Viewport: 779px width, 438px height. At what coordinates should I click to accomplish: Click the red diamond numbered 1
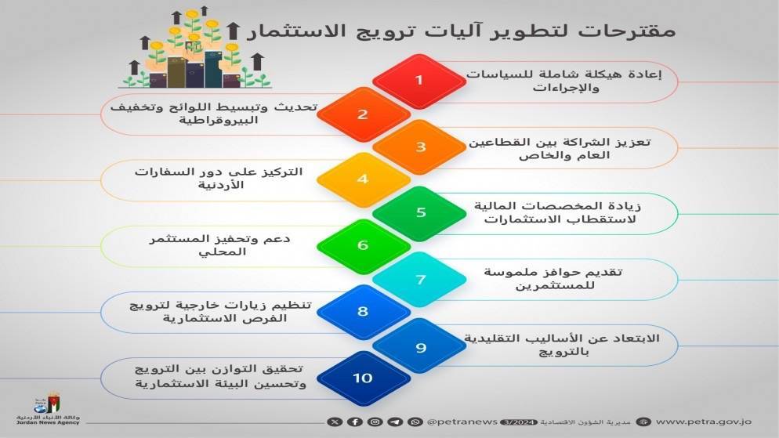coord(419,80)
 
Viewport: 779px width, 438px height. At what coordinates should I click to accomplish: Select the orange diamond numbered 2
coord(363,114)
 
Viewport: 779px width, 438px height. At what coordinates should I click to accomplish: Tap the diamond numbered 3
coord(420,147)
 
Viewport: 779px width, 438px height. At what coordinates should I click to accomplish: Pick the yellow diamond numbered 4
coord(363,179)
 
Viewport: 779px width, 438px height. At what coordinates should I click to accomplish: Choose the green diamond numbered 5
coord(420,212)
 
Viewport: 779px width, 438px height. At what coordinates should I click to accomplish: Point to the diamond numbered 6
coord(363,245)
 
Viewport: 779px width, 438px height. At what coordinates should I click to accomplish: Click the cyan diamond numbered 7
coord(420,279)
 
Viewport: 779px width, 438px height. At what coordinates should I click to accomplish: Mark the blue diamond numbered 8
coord(363,312)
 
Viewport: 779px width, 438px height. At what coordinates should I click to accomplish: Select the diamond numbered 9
coord(420,346)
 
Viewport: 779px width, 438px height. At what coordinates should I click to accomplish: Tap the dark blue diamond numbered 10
coord(363,378)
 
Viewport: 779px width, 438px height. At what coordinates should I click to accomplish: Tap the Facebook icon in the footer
coord(355,422)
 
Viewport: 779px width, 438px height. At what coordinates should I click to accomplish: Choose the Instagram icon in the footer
coord(375,422)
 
